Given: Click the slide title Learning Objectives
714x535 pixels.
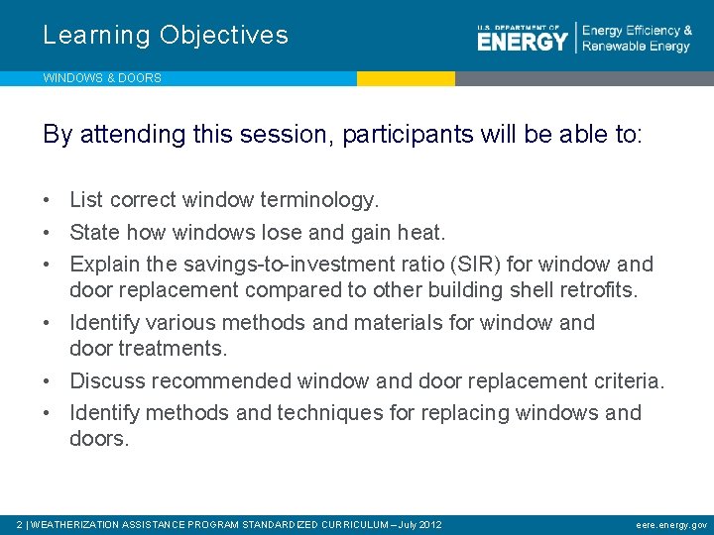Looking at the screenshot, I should (166, 36).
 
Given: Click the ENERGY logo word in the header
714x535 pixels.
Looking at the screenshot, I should (522, 41).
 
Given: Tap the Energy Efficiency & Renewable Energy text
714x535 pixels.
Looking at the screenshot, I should (636, 39).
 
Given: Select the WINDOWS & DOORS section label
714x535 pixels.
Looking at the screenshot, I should (102, 78).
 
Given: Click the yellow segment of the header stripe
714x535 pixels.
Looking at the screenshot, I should (406, 78).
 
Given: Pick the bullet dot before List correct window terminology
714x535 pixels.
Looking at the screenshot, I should (48, 201).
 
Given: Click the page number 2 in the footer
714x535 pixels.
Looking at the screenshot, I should (21, 524).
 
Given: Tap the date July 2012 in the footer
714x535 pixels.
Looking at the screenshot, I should (419, 524).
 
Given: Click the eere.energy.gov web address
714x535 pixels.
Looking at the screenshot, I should (671, 524).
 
